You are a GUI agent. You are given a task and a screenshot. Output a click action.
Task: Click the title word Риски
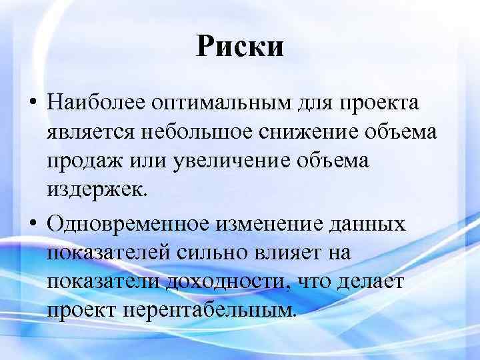(240, 47)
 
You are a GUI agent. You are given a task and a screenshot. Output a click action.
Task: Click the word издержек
(95, 191)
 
